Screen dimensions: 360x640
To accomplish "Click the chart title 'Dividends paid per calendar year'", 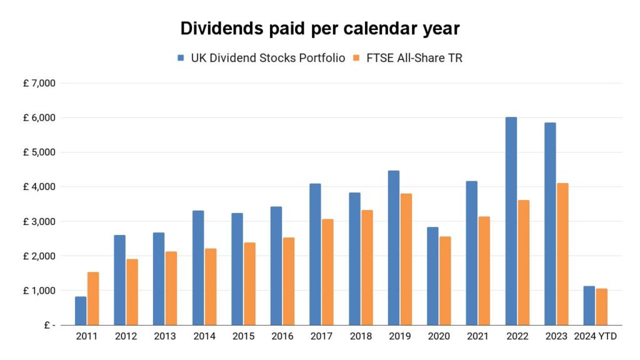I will [319, 29].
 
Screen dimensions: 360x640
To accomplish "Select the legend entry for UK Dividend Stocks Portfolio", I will [261, 58].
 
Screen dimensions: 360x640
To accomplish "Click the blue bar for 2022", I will [511, 221].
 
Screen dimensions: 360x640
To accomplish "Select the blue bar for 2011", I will [81, 311].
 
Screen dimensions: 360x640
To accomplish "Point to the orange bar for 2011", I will [93, 298].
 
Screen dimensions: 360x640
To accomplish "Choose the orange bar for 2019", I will [406, 259].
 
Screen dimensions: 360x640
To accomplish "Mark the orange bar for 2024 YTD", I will [601, 306].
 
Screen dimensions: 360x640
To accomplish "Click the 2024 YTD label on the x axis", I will [595, 337].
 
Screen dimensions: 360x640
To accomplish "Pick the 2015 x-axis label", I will [243, 337].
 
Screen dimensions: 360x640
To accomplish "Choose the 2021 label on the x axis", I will [477, 337].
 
